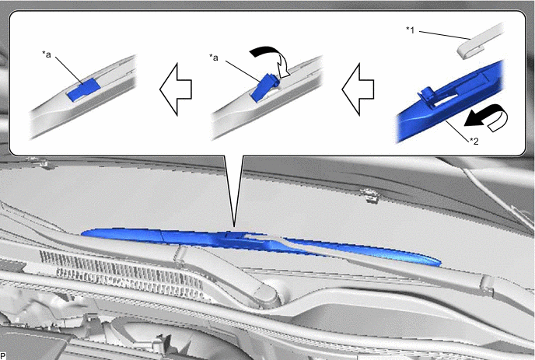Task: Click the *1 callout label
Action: pyautogui.click(x=410, y=30)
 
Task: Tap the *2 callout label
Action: pyautogui.click(x=474, y=141)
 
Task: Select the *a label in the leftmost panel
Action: pyautogui.click(x=47, y=54)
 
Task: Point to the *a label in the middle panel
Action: pyautogui.click(x=214, y=57)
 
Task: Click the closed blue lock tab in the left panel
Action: pyautogui.click(x=84, y=89)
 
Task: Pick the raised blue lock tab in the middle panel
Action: pyautogui.click(x=264, y=87)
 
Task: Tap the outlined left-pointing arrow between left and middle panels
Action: pyautogui.click(x=176, y=89)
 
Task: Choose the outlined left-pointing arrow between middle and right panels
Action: pyautogui.click(x=358, y=89)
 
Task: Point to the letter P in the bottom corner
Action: pyautogui.click(x=3, y=356)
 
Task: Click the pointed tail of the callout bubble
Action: pyautogui.click(x=234, y=226)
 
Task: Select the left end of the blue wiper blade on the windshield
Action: pyautogui.click(x=82, y=234)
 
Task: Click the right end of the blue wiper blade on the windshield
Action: pyautogui.click(x=440, y=263)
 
